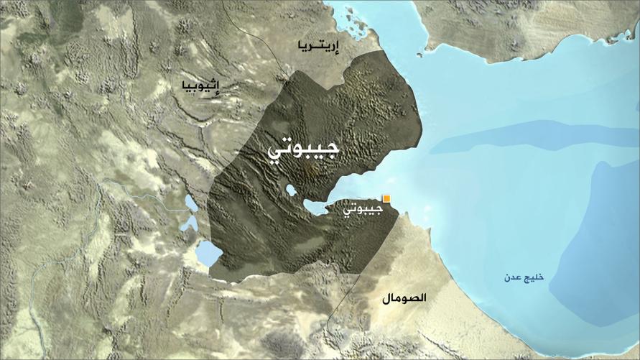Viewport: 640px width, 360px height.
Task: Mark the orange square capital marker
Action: point(386,198)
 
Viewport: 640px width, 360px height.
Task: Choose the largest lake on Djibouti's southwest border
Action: point(208,253)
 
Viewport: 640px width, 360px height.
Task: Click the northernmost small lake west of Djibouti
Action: point(190,202)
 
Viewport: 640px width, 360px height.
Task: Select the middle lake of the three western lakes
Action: point(189,222)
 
